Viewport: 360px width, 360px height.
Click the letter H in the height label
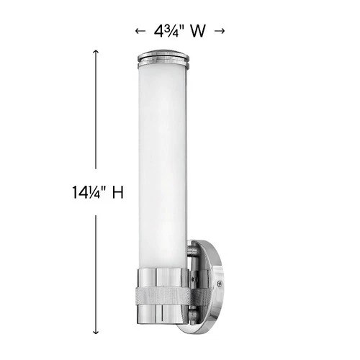coord(117,193)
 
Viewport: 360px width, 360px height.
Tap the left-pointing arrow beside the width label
coord(140,31)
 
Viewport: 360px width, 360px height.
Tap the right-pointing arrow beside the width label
coord(220,31)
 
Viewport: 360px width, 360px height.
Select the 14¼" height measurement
coord(85,193)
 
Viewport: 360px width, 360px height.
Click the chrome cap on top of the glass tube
coord(165,53)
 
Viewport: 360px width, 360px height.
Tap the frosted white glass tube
coord(165,158)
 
